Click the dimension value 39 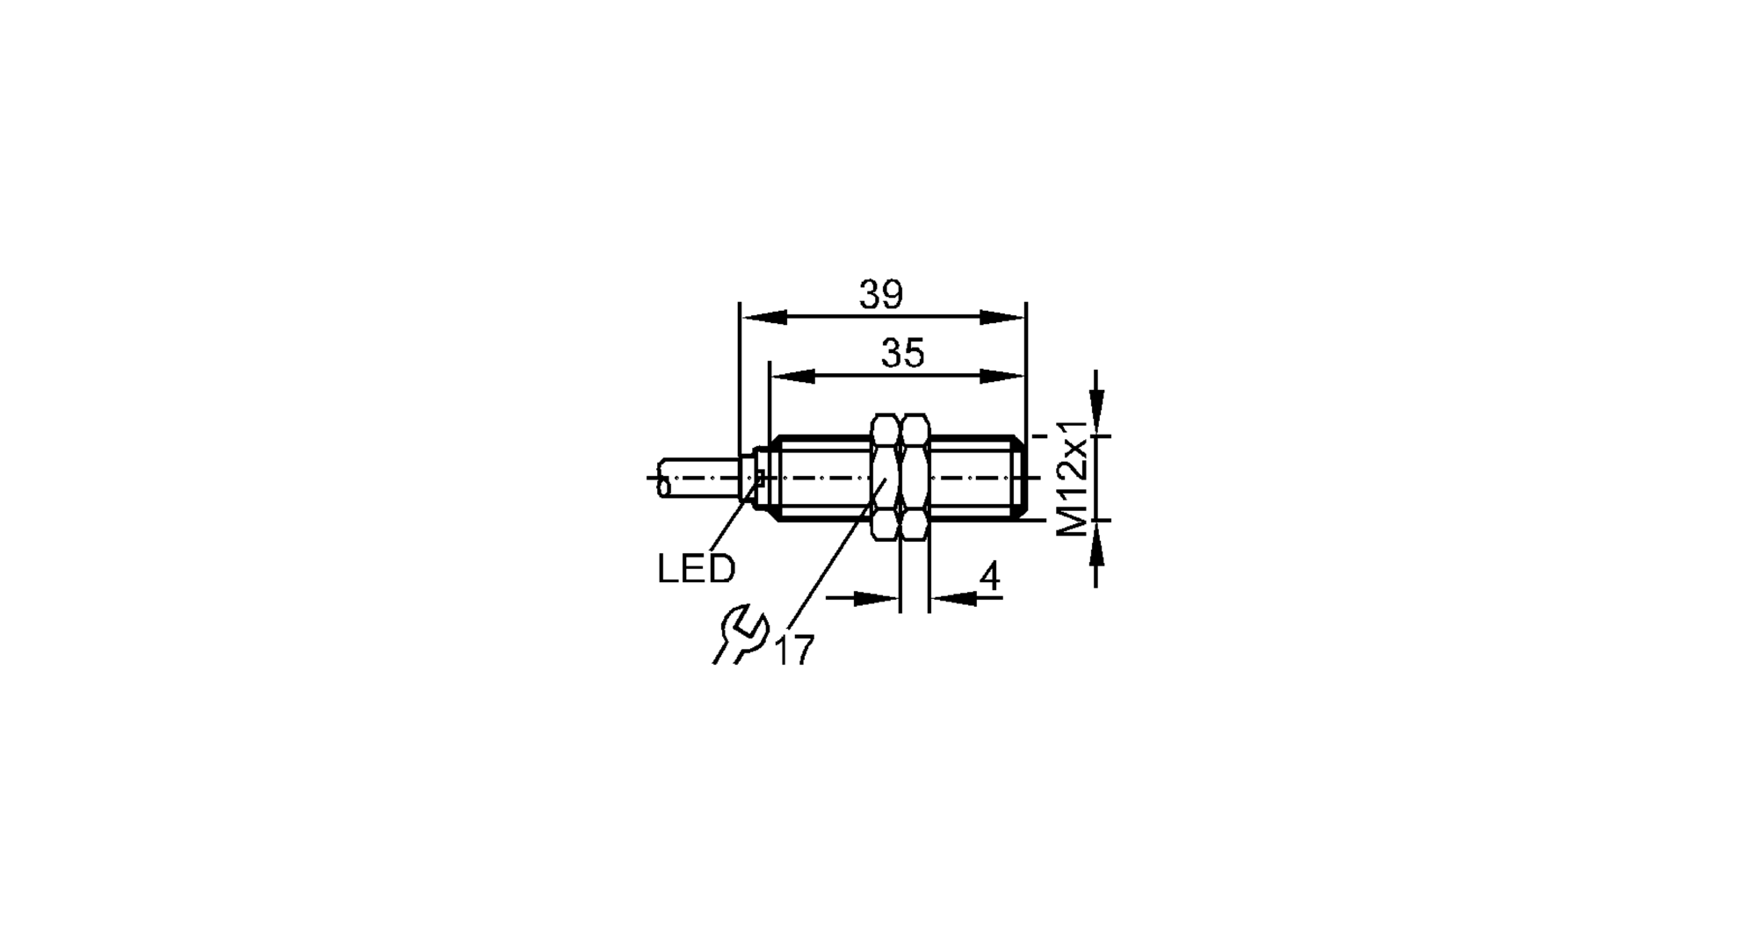(x=881, y=296)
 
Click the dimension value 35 (x=903, y=354)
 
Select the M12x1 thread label (x=1074, y=478)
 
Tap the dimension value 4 (x=989, y=578)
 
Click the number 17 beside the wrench (x=795, y=651)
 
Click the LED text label (x=696, y=570)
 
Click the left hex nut (x=886, y=478)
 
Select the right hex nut (x=915, y=478)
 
